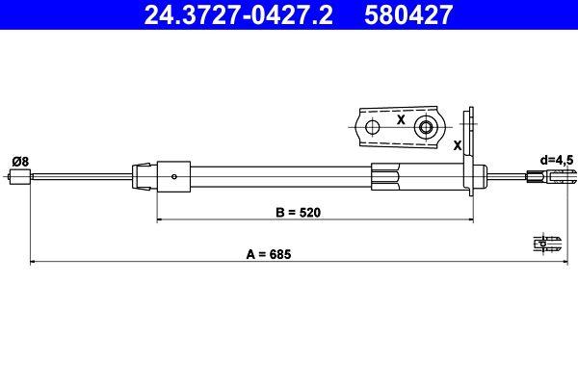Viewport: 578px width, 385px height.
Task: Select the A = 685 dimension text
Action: pyautogui.click(x=267, y=254)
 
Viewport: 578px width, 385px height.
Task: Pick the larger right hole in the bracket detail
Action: pyautogui.click(x=424, y=127)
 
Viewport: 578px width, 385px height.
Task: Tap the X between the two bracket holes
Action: pyautogui.click(x=399, y=121)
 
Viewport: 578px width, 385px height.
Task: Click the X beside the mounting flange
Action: pyautogui.click(x=457, y=144)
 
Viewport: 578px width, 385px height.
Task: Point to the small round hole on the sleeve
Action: pyautogui.click(x=173, y=176)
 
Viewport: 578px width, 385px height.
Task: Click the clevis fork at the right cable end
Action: pyautogui.click(x=562, y=176)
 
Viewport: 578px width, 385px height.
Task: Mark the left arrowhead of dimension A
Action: pyautogui.click(x=36, y=261)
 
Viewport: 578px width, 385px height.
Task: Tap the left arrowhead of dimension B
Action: pyautogui.click(x=161, y=219)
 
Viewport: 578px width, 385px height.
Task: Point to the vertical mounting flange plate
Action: pyautogui.click(x=472, y=154)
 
